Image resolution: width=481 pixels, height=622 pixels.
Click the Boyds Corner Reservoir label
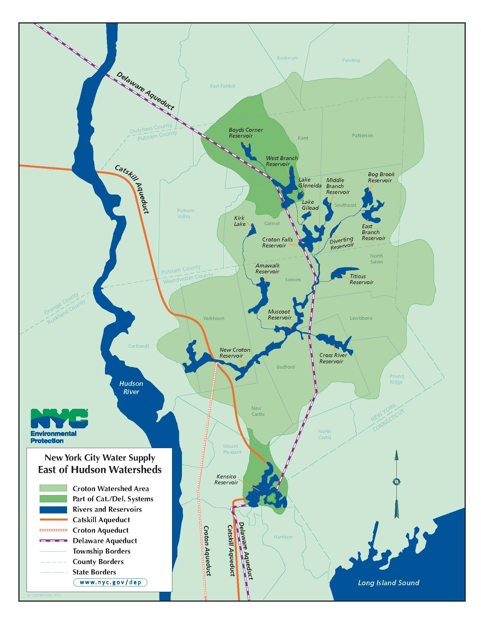click(x=246, y=133)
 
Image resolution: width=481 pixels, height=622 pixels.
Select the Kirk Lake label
click(x=240, y=221)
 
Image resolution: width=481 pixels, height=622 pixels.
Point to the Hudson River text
click(x=131, y=387)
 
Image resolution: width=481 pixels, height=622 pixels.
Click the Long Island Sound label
click(x=388, y=583)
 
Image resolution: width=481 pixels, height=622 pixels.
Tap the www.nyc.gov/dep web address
click(x=110, y=582)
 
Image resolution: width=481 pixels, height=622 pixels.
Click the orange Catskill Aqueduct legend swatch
click(x=53, y=520)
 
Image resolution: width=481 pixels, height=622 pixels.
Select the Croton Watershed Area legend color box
click(x=53, y=488)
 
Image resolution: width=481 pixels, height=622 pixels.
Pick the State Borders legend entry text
click(x=94, y=572)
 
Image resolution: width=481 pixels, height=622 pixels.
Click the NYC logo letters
click(x=59, y=419)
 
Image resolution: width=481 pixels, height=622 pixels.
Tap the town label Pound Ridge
click(x=396, y=379)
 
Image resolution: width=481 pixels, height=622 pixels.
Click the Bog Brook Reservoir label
click(x=381, y=177)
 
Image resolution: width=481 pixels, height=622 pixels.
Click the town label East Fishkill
click(x=222, y=86)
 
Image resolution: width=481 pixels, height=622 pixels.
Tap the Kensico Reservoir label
click(x=226, y=479)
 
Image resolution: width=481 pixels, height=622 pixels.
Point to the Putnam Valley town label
click(x=185, y=213)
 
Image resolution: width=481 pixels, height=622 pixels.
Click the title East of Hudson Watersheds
click(x=100, y=469)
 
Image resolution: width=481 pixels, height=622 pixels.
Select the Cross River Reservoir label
click(x=333, y=358)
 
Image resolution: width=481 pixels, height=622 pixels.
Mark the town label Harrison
click(x=283, y=537)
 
